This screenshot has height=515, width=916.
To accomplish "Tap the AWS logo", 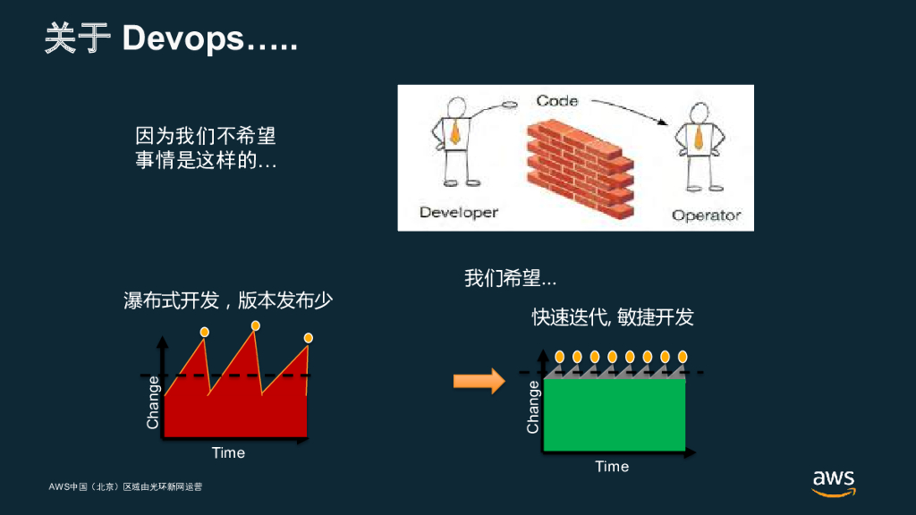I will tap(834, 480).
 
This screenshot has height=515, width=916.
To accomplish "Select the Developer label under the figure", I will tap(459, 213).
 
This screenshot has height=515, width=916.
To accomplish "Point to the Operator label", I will tap(706, 215).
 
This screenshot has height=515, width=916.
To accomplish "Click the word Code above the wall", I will tap(557, 101).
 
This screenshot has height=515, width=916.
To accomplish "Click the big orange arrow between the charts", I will tap(479, 381).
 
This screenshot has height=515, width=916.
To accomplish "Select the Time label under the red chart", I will tap(228, 452).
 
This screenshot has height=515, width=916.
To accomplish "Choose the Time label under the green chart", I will tap(612, 466).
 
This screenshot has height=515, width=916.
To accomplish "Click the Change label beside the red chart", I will tap(153, 401).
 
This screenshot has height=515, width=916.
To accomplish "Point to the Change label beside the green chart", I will tap(534, 407).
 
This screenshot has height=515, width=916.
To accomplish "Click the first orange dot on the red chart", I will tap(205, 332).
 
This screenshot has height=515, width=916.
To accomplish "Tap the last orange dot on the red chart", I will tap(309, 337).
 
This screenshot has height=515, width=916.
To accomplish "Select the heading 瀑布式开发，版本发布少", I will tap(227, 300).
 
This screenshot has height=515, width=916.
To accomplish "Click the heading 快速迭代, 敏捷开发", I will tap(613, 317).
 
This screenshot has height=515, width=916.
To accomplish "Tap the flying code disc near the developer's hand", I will tap(511, 106).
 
